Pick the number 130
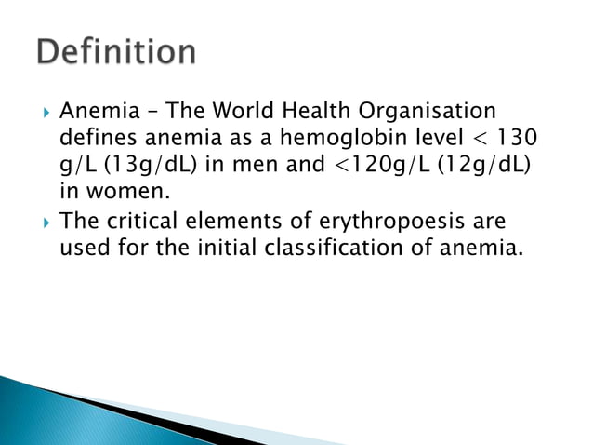(515, 138)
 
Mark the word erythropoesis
(381, 223)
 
